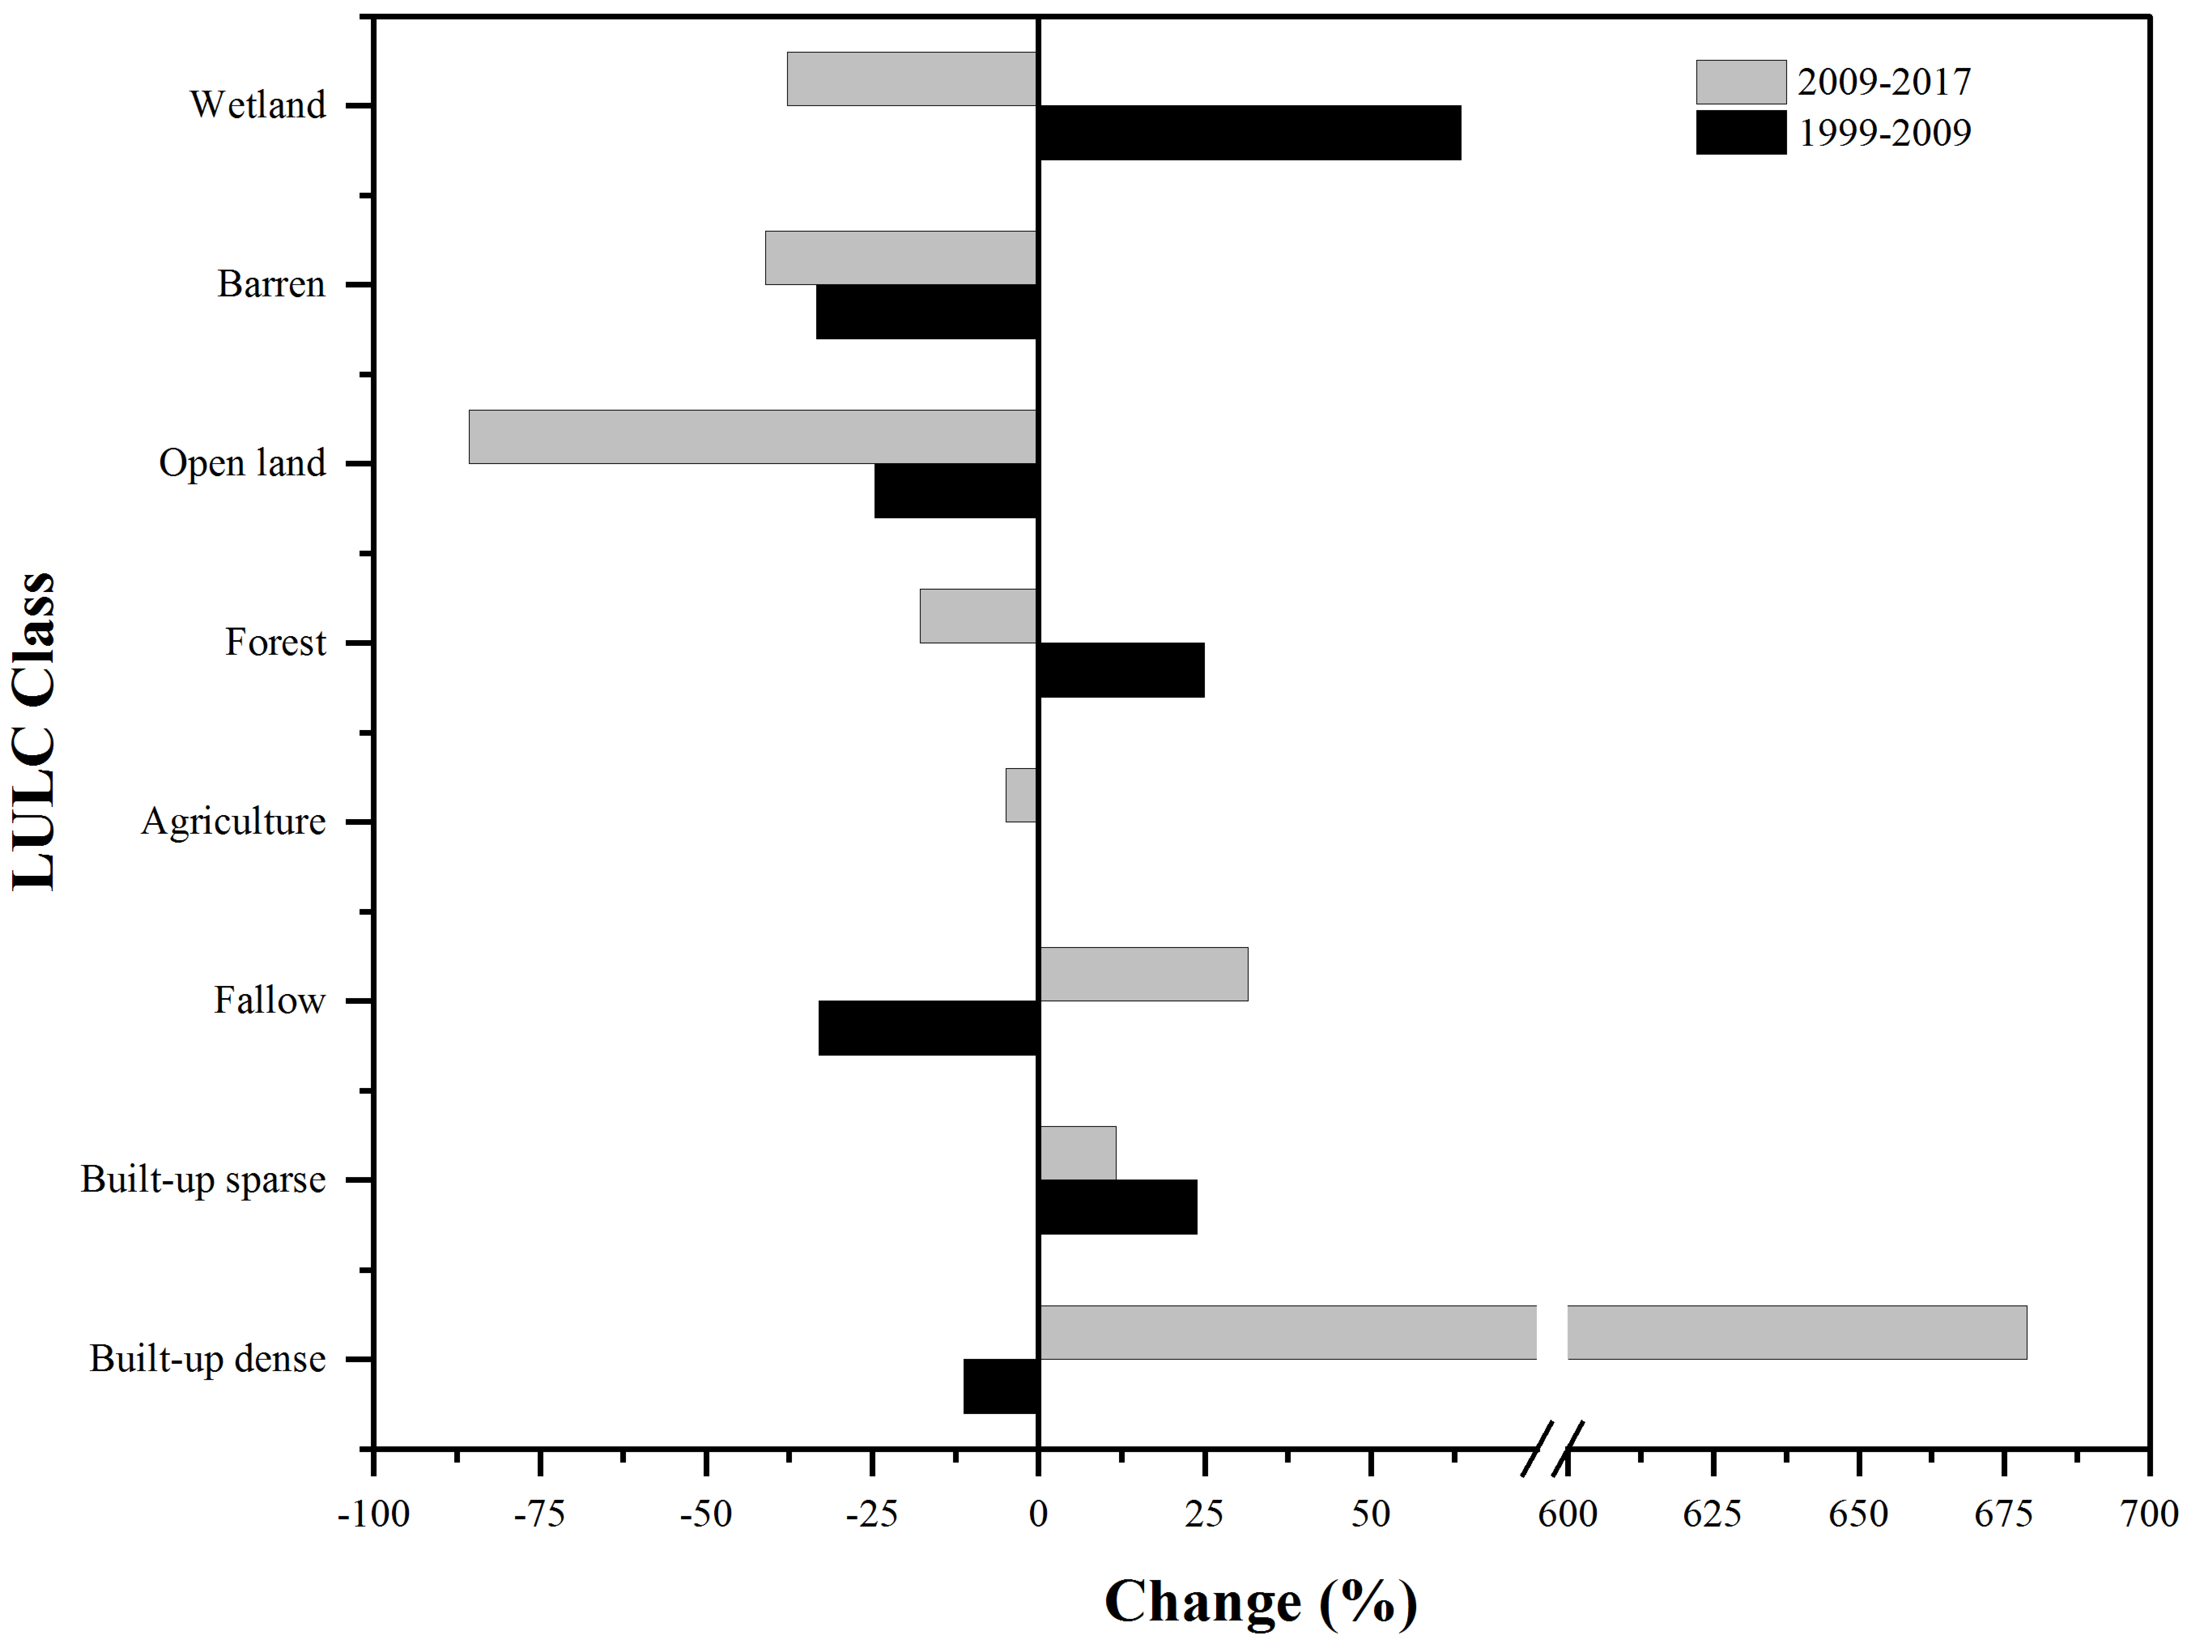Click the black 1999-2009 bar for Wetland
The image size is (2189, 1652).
[x=1249, y=133]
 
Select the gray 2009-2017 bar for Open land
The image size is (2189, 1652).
[x=752, y=436]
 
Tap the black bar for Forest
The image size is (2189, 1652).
[x=1121, y=670]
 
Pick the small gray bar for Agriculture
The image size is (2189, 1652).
[x=1020, y=795]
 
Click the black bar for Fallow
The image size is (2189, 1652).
[x=928, y=1027]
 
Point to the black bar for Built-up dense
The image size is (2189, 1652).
[x=1000, y=1386]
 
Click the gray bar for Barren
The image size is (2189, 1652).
[x=900, y=258]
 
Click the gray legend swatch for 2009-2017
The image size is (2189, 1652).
[x=1741, y=82]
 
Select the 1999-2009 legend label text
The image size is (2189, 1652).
[x=1884, y=133]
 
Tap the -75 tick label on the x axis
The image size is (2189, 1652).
[x=539, y=1514]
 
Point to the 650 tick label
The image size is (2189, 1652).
[x=1859, y=1514]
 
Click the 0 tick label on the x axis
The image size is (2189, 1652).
[x=1037, y=1514]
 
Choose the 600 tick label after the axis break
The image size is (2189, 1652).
[x=1568, y=1514]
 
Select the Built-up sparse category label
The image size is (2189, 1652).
[x=203, y=1180]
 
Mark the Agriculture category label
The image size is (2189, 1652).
[x=234, y=822]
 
